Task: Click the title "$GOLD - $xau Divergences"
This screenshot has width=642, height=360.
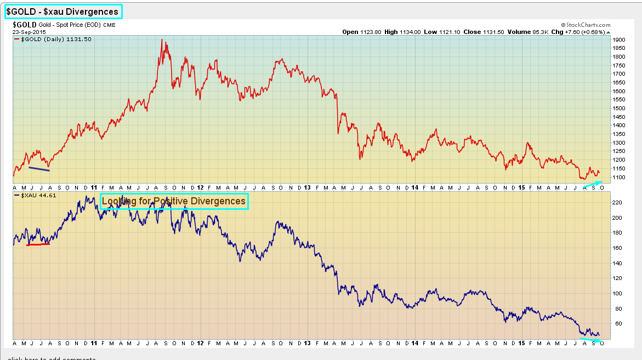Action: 63,12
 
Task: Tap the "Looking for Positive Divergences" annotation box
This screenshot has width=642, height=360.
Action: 174,201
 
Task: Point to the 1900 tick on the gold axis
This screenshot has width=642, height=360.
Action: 618,40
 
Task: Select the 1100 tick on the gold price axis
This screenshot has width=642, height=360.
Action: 618,178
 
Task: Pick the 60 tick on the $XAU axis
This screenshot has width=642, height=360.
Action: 616,323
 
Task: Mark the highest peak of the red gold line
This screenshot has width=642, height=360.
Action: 162,39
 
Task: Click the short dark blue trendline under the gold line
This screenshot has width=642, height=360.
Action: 39,169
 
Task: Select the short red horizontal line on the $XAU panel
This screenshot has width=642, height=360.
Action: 38,244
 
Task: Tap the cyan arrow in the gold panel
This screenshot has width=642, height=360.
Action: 593,184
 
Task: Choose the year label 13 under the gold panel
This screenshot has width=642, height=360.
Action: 307,187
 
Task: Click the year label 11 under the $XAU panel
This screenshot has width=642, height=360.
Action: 94,344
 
